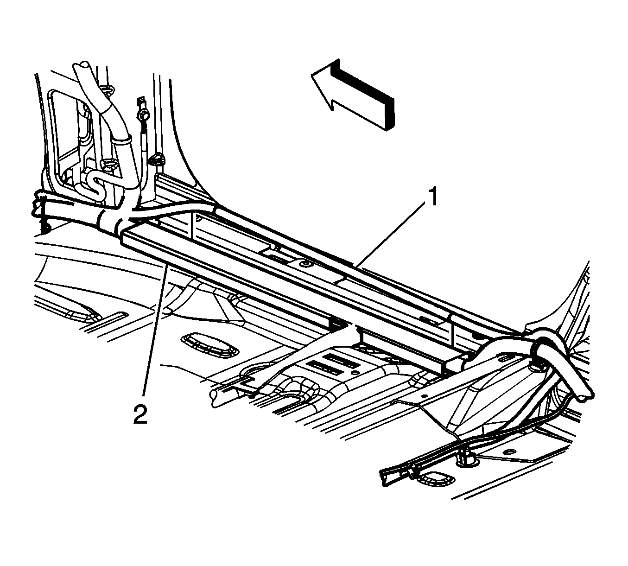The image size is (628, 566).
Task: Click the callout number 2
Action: pyautogui.click(x=140, y=413)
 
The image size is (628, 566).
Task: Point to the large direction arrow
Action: pyautogui.click(x=352, y=95)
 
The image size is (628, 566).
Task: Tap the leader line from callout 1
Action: pyautogui.click(x=391, y=235)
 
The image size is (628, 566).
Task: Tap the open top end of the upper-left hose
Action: pyautogui.click(x=81, y=67)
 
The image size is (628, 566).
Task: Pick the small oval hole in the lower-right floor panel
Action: pyautogui.click(x=511, y=451)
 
